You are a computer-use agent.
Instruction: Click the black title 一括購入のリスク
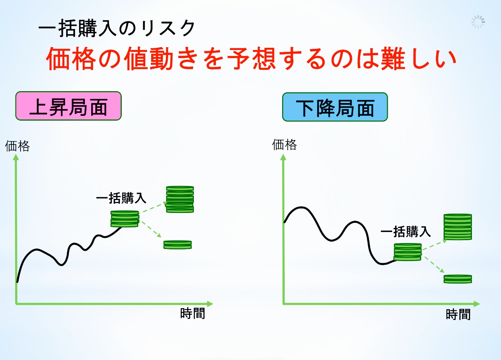click(116, 28)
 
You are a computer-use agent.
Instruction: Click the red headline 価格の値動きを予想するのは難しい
click(251, 58)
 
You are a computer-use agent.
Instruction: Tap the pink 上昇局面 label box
click(68, 106)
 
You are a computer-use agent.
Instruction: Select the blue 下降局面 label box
click(335, 107)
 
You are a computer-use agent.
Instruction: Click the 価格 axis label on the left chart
click(17, 146)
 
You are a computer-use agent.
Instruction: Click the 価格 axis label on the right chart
click(284, 145)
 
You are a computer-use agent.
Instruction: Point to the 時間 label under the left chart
click(193, 313)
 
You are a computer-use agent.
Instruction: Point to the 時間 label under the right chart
click(458, 314)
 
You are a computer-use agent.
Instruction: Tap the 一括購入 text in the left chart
click(121, 198)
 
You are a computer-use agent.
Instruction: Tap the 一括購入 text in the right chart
click(405, 231)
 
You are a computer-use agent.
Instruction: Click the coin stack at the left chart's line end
click(125, 219)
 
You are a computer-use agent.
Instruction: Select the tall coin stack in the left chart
click(180, 199)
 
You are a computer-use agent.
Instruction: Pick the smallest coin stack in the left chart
click(178, 245)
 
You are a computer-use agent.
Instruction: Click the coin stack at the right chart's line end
click(408, 252)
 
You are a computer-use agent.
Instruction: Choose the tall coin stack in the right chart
click(458, 227)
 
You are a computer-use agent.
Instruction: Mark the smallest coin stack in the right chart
click(458, 279)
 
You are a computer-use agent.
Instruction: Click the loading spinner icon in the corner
click(478, 22)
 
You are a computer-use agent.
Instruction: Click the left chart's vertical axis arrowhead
click(16, 157)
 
